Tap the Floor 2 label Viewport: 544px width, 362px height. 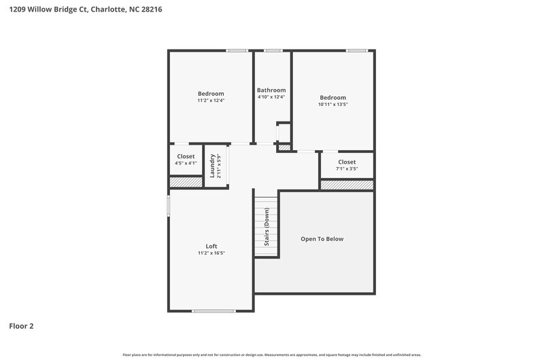tap(21, 326)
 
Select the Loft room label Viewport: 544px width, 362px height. tap(211, 246)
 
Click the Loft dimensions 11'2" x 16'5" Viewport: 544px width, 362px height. tap(211, 253)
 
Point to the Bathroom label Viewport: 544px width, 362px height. tap(271, 90)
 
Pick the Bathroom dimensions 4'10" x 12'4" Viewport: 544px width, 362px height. tap(271, 97)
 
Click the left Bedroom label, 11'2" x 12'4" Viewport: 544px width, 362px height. tap(211, 94)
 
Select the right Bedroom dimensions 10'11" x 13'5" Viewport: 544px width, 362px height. tap(333, 105)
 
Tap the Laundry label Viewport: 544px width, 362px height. tap(213, 166)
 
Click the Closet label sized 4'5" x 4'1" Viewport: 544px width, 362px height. tap(186, 156)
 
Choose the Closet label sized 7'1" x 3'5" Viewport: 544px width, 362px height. tap(347, 162)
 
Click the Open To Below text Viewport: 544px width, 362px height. tap(322, 239)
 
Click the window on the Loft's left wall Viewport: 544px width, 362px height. tap(169, 206)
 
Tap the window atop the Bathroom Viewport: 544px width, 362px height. tap(273, 50)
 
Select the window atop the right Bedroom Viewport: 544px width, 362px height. tap(356, 50)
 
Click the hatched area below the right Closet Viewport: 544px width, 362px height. tap(347, 185)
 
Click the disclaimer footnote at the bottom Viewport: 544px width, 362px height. tap(272, 355)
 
